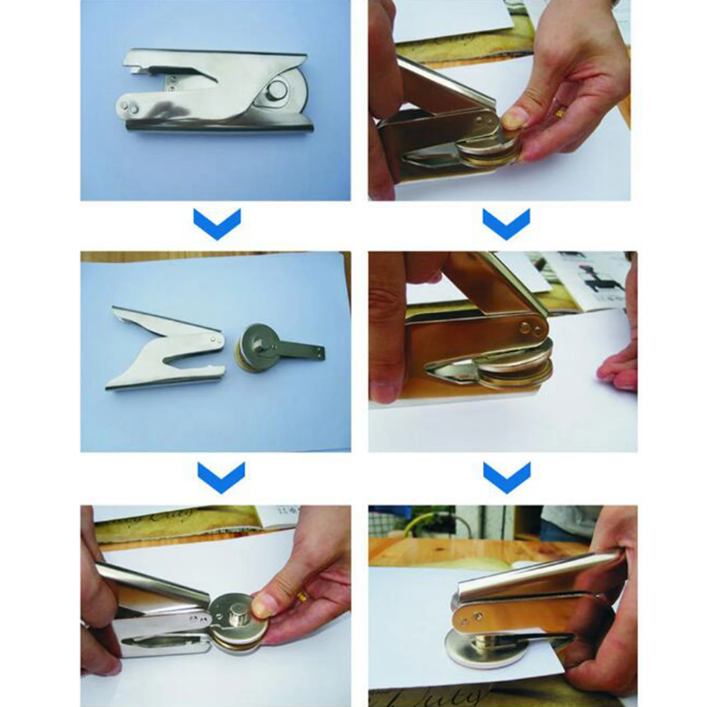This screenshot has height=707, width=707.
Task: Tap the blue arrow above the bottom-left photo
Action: (221, 478)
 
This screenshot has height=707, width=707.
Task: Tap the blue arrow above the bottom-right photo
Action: (506, 478)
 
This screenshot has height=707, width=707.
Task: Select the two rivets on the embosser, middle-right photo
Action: (530, 328)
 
